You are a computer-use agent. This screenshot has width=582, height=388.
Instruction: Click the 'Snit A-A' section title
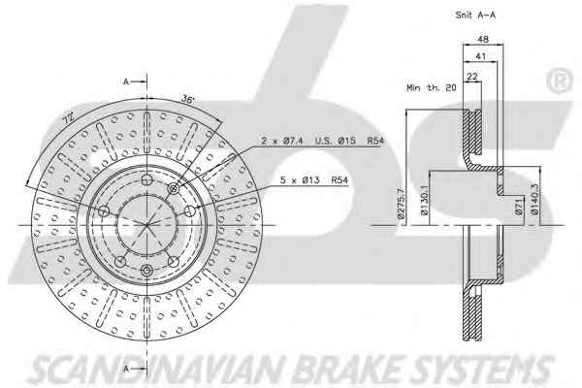[475, 16]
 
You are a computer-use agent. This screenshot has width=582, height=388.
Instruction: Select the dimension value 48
[483, 39]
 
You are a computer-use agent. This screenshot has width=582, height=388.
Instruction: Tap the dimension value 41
[481, 56]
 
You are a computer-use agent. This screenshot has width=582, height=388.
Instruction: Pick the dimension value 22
[472, 77]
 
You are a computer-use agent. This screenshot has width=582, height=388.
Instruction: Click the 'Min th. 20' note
[432, 88]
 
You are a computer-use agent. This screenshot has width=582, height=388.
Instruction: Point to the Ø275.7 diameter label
[401, 203]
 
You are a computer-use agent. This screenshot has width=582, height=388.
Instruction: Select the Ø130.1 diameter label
[424, 201]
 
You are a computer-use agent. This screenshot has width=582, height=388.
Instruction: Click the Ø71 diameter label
[519, 207]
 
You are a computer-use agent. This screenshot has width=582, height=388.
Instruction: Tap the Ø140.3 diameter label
[534, 200]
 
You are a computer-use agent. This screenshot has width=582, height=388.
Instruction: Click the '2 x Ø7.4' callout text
[282, 141]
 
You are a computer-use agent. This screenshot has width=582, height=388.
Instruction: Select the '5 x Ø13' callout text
[300, 180]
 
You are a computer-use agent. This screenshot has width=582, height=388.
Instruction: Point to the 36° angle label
[188, 99]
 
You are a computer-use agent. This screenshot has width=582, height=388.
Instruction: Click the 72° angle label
[68, 118]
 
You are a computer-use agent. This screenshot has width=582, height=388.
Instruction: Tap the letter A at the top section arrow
[126, 81]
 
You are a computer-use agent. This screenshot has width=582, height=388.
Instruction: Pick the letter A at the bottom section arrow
[126, 369]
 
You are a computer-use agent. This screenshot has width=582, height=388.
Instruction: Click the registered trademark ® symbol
[560, 81]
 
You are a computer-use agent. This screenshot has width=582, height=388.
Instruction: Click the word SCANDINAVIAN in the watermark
[160, 369]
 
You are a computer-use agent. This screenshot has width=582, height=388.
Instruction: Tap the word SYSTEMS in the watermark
[482, 369]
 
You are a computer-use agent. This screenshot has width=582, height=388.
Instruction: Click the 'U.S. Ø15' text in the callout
[336, 141]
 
